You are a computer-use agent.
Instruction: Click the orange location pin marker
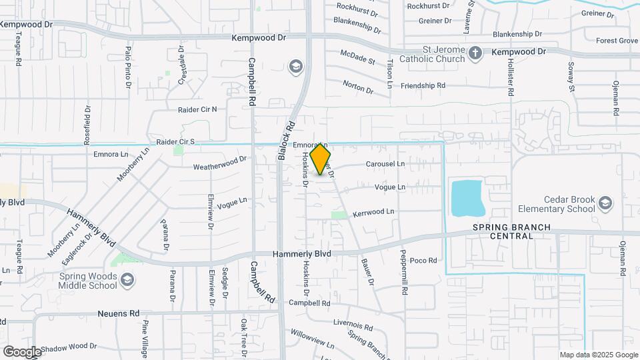321,159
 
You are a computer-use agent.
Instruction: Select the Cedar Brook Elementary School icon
605,202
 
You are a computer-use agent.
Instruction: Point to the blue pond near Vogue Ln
468,197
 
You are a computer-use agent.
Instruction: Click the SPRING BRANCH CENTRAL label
512,231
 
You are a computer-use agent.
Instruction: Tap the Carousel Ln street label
385,163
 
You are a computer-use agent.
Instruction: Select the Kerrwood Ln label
373,211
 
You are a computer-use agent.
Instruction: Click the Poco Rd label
423,260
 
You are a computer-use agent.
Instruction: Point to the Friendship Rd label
423,85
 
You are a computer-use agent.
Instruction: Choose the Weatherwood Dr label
220,162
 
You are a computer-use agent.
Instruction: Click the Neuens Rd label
118,313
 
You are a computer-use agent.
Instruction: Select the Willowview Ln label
312,337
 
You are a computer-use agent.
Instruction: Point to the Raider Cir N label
197,109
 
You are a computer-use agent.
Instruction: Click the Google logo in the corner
21,351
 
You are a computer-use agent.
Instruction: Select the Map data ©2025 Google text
598,355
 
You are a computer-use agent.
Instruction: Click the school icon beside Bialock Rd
295,67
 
